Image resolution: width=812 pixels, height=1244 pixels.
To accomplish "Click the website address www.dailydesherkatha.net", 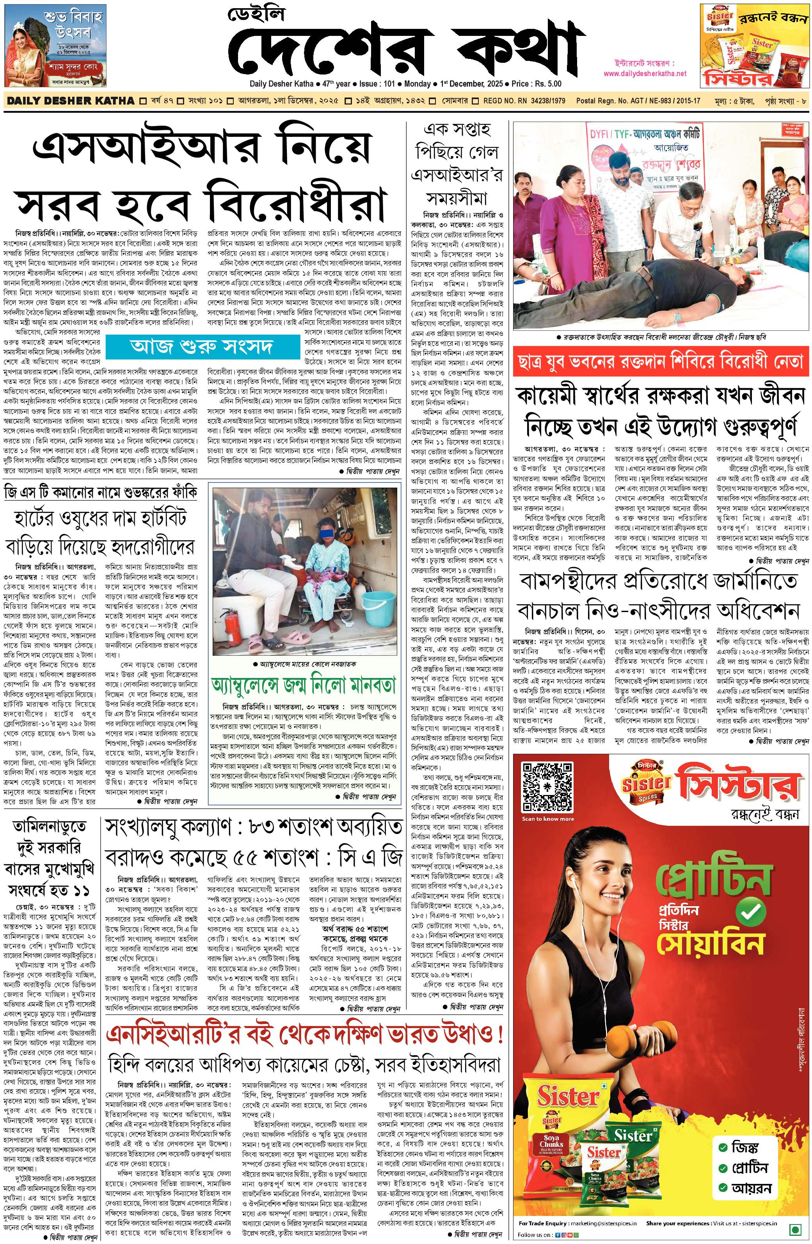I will pos(645,74).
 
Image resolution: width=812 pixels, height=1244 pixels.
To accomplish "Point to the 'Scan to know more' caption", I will pos(547,819).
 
